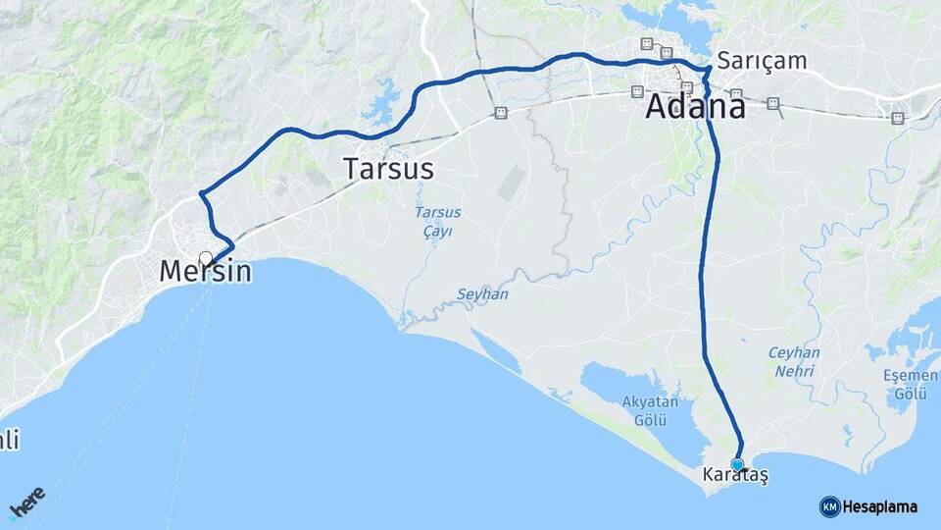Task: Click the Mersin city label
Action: point(206,272)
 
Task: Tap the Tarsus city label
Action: point(388,169)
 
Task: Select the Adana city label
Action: point(695,107)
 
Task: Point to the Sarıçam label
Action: point(762,61)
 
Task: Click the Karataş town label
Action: point(735,475)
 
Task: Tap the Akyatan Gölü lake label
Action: point(644,410)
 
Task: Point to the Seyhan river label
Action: point(482,293)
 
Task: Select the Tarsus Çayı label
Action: point(437,222)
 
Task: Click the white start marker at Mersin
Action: point(206,258)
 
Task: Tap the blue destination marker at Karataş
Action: point(737,464)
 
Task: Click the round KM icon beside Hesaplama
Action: point(829,506)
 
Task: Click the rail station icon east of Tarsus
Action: point(501,112)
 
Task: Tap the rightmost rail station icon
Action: point(897,118)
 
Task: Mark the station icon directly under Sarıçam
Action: point(736,94)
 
